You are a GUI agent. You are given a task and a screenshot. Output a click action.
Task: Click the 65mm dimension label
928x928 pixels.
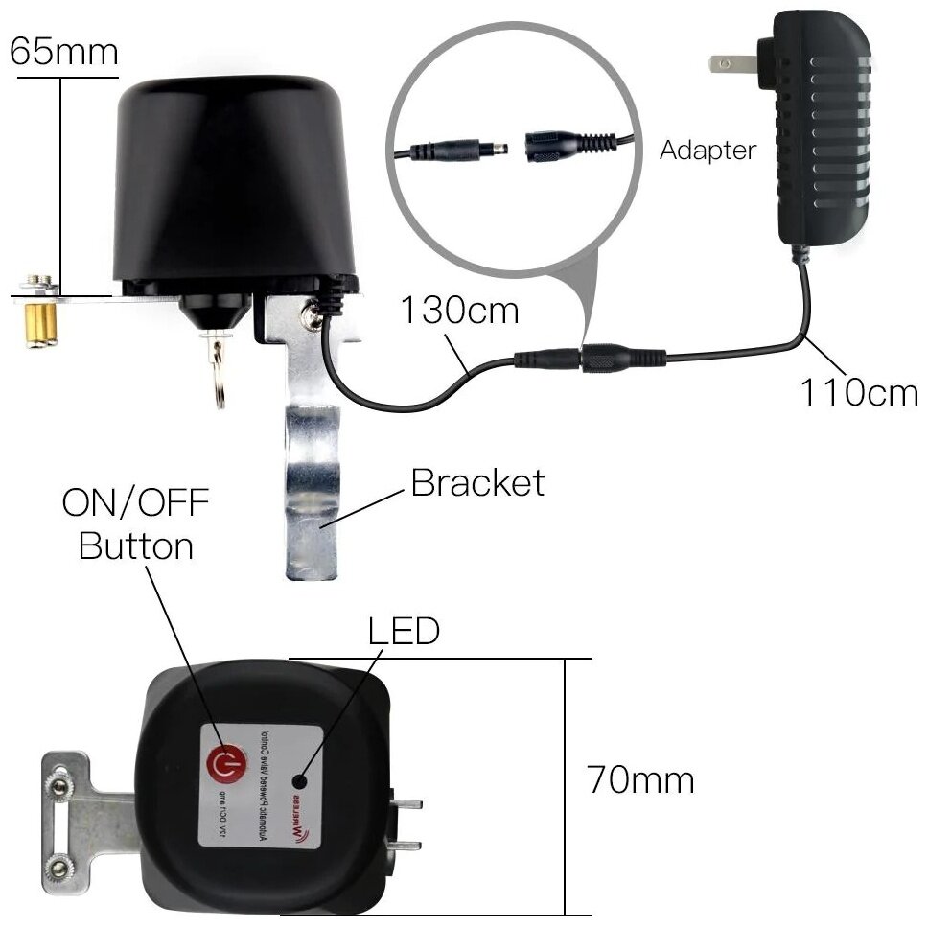pyautogui.click(x=63, y=52)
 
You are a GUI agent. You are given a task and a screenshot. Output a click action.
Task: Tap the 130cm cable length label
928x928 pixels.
pyautogui.click(x=459, y=311)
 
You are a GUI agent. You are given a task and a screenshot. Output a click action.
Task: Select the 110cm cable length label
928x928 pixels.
pyautogui.click(x=857, y=393)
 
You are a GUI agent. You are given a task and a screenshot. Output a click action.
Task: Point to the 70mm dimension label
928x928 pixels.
pyautogui.click(x=640, y=780)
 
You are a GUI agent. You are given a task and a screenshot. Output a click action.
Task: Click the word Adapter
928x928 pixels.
pyautogui.click(x=708, y=151)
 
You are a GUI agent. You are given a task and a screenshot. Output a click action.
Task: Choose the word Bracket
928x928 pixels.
pyautogui.click(x=476, y=482)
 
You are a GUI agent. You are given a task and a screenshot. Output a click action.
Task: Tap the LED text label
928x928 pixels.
pyautogui.click(x=404, y=631)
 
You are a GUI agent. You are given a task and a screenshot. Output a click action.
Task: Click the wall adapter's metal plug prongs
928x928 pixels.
pyautogui.click(x=733, y=65)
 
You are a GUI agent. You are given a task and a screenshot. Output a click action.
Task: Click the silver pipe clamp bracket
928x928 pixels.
pyautogui.click(x=311, y=479)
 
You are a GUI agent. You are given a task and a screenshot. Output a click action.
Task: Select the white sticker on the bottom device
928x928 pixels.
pyautogui.click(x=260, y=784)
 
